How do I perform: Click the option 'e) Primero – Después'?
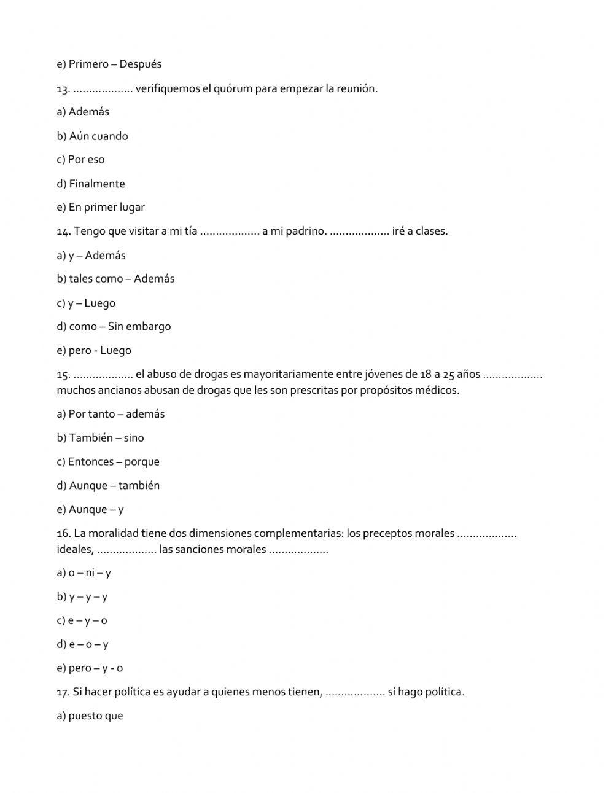[x=109, y=64]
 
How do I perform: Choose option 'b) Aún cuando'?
[x=92, y=136]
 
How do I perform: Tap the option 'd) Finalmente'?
[x=90, y=184]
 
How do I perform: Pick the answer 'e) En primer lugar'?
[x=100, y=207]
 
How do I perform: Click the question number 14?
[x=63, y=231]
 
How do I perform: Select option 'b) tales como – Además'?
[x=115, y=278]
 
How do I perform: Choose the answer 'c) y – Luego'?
[x=86, y=303]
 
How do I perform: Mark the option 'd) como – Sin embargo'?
[x=114, y=326]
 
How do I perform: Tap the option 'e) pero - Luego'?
[x=94, y=350]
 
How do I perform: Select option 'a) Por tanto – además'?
[x=111, y=414]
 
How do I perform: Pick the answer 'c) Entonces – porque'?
[x=108, y=461]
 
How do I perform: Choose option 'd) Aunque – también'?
[x=108, y=485]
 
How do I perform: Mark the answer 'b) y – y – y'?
[x=82, y=596]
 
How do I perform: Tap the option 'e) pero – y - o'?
[x=90, y=668]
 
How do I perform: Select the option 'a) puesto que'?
[x=90, y=716]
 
